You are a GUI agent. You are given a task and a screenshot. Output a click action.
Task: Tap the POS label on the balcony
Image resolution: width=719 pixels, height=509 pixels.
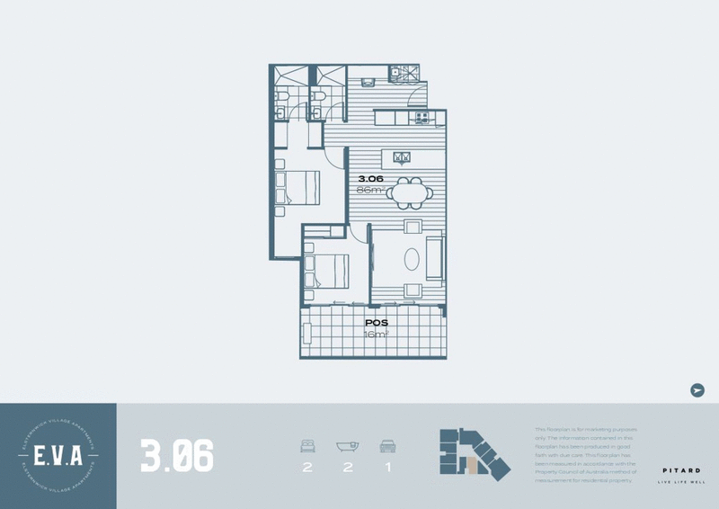[x=376, y=321]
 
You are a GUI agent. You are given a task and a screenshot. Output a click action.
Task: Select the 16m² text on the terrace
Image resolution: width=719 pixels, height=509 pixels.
[x=376, y=334]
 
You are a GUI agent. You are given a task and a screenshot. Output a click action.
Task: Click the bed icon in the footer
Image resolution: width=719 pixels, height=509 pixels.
[x=307, y=445]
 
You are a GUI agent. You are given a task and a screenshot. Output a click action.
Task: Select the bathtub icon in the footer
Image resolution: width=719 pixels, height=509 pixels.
[x=347, y=445]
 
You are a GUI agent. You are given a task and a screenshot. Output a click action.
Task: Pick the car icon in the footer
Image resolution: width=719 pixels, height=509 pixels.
[x=387, y=445]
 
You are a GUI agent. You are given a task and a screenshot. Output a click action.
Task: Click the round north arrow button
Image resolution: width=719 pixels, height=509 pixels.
[x=697, y=389]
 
